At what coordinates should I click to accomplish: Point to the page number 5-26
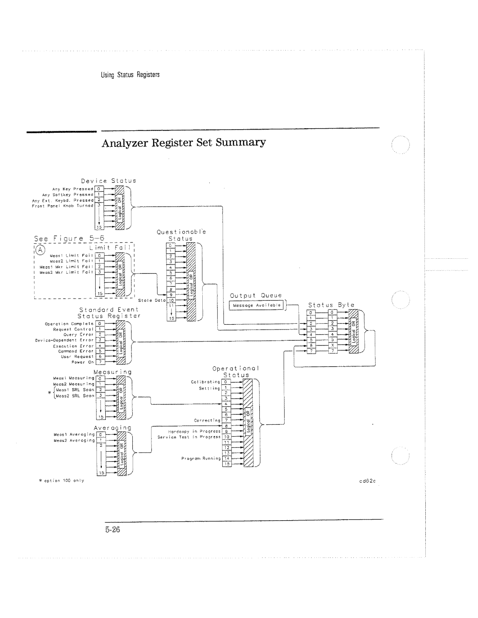tap(113, 529)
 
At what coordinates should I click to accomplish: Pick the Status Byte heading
tap(331, 305)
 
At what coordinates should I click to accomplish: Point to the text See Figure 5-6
tap(68, 238)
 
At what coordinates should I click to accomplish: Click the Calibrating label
tap(205, 381)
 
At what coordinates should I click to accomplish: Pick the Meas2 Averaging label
tap(74, 440)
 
